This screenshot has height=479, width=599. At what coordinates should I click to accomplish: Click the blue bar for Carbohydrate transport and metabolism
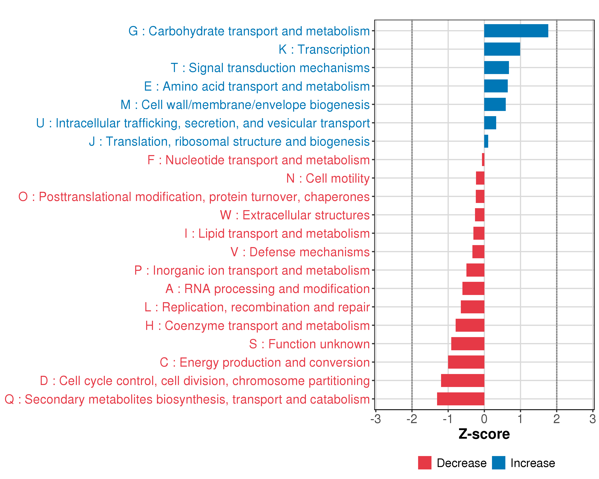516,31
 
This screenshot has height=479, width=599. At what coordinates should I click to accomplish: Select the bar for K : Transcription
502,49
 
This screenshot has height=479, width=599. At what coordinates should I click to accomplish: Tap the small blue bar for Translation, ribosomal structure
486,141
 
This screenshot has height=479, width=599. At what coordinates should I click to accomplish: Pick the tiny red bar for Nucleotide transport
483,160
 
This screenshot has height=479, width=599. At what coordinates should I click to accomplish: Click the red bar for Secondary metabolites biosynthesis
460,399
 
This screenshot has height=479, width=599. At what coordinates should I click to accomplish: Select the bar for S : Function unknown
468,344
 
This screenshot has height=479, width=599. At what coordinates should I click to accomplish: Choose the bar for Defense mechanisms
478,252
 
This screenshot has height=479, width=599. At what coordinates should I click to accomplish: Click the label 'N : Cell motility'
328,178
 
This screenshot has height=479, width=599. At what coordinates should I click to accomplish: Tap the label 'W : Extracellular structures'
295,215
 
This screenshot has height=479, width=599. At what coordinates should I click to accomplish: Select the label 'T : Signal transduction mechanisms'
270,68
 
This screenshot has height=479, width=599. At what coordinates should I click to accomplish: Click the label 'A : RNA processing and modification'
268,289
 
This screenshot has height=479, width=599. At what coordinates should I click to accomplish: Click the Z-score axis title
484,434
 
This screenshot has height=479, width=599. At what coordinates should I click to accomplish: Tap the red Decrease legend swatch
424,463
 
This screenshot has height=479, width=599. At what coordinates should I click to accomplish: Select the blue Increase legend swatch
498,463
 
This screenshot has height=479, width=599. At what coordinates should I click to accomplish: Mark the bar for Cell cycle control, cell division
463,380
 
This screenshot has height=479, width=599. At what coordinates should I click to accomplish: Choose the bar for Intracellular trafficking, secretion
490,123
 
